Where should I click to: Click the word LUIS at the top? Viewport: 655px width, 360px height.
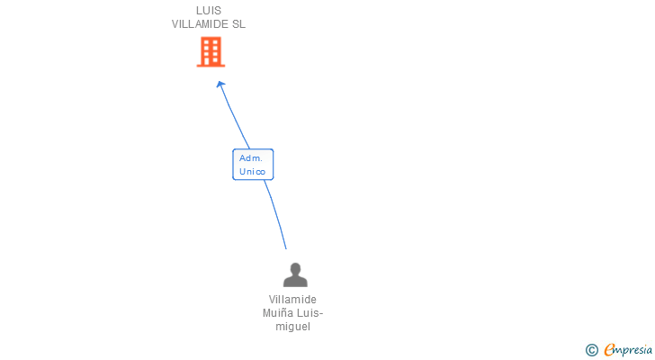pyautogui.click(x=209, y=11)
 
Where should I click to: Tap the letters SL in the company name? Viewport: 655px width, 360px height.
pyautogui.click(x=238, y=24)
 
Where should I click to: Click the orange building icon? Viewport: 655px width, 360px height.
pyautogui.click(x=211, y=52)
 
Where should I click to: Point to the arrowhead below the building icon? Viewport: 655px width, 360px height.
pyautogui.click(x=220, y=85)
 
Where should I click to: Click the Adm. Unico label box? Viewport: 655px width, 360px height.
pyautogui.click(x=253, y=165)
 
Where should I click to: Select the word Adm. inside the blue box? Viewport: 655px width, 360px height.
pyautogui.click(x=250, y=157)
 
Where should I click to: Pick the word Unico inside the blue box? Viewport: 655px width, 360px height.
pyautogui.click(x=253, y=171)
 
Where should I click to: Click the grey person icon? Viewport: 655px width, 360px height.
pyautogui.click(x=294, y=274)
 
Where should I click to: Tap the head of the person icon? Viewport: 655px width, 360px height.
pyautogui.click(x=294, y=268)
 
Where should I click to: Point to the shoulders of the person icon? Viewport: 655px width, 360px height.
pyautogui.click(x=294, y=281)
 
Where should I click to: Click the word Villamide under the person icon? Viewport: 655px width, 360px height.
pyautogui.click(x=292, y=300)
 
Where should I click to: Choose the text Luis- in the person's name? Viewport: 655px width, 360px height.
pyautogui.click(x=308, y=313)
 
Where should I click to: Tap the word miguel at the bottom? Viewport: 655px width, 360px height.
pyautogui.click(x=292, y=327)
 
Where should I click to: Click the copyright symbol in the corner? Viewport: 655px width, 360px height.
pyautogui.click(x=591, y=350)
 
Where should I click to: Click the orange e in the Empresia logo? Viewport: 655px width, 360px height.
pyautogui.click(x=609, y=350)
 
